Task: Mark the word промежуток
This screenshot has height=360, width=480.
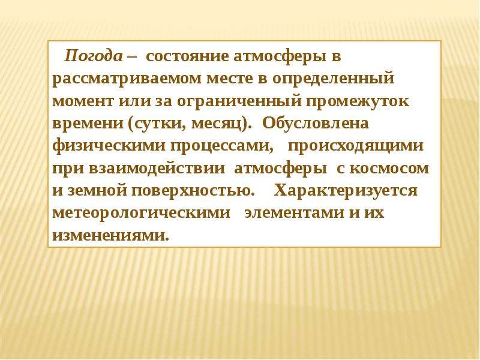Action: click(x=350, y=101)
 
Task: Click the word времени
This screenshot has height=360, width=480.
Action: click(x=86, y=124)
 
